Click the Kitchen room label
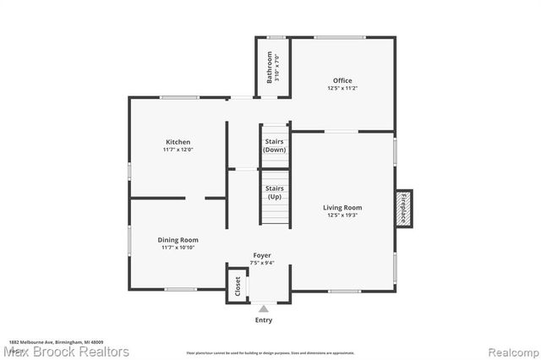click(178, 142)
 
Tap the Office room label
click(342, 81)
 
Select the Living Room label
click(342, 207)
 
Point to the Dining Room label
click(178, 240)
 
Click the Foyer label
click(262, 254)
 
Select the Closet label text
click(238, 286)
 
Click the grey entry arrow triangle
click(263, 308)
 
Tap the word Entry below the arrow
click(263, 320)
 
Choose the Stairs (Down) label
click(275, 145)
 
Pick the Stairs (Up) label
click(275, 192)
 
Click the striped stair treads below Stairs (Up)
click(275, 215)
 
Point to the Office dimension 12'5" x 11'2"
click(342, 89)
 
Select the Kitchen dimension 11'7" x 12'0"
click(178, 150)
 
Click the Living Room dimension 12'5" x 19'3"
click(342, 215)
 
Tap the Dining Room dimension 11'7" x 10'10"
click(178, 248)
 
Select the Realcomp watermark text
click(509, 351)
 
